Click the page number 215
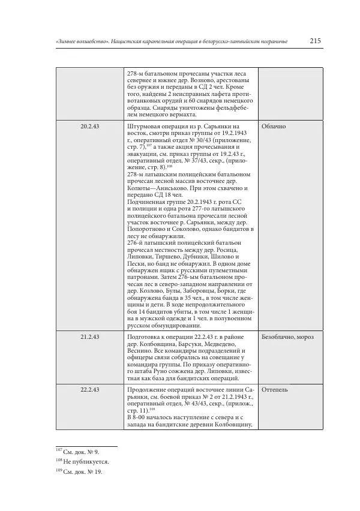316,41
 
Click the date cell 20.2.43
89,127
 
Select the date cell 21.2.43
89,337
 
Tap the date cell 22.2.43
89,389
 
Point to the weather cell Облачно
274,127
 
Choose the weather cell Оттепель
275,389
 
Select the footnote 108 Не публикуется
83,462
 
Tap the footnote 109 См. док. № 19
80,472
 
